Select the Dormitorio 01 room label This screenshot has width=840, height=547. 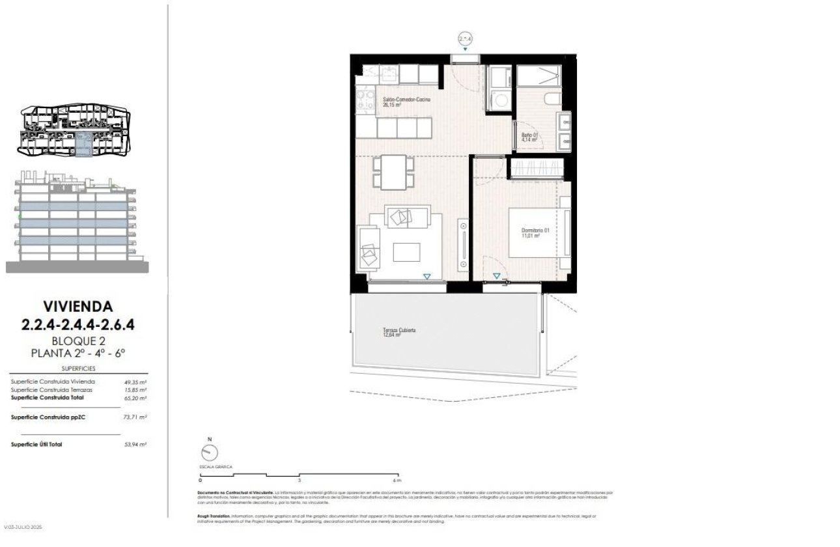coord(536,233)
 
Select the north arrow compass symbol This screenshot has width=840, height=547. coord(210,452)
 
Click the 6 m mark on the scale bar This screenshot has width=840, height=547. coord(395,480)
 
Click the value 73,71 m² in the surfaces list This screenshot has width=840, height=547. coord(135,417)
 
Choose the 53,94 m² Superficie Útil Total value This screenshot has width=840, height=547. coord(135,444)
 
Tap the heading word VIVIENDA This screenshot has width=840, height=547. coord(77,305)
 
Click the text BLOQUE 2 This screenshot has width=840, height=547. coord(77,341)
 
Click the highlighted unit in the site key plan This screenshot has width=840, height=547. coord(83,143)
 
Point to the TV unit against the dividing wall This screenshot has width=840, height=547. coord(463,246)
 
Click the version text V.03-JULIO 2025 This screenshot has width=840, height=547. coord(23,527)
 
